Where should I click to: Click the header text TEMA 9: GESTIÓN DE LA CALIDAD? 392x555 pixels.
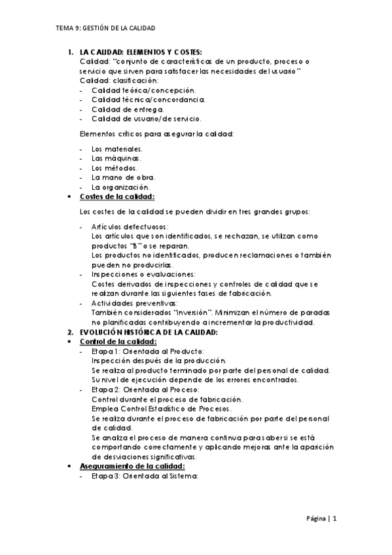coord(105,28)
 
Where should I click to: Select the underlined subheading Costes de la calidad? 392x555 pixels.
coord(117,196)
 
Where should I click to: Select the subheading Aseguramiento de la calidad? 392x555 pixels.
coord(132,466)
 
